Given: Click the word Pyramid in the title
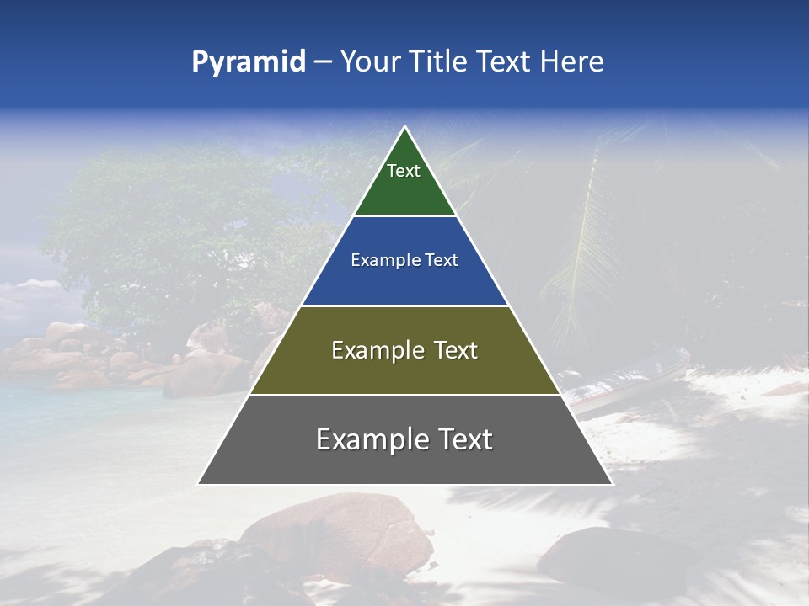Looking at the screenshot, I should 248,62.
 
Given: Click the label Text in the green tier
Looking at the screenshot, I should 404,171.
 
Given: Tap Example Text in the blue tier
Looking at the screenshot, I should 404,261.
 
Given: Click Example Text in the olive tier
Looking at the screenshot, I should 404,350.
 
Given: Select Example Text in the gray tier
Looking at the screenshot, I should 404,439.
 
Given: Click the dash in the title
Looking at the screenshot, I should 322,62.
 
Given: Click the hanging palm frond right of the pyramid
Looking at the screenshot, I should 581,244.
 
